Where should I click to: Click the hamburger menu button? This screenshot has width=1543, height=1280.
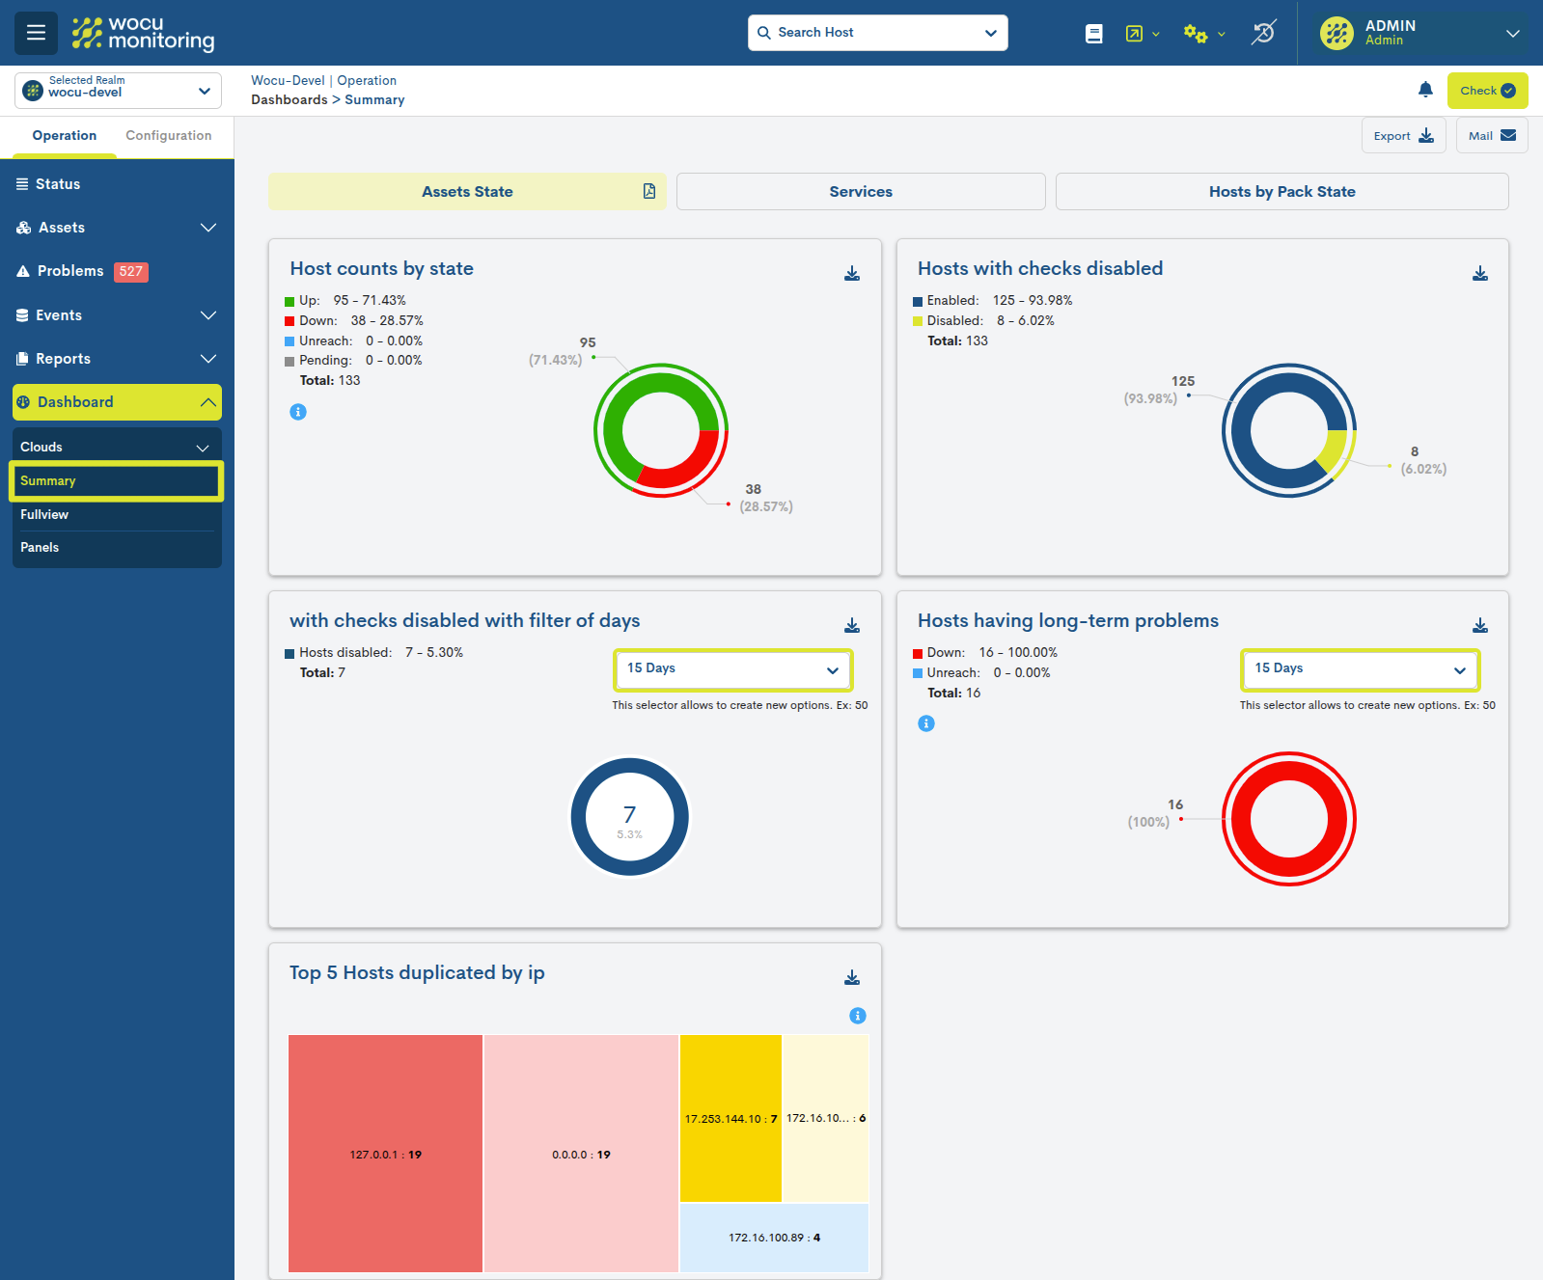(x=36, y=33)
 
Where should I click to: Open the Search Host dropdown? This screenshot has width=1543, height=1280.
(x=877, y=33)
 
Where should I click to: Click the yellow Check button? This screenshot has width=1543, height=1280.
(x=1486, y=91)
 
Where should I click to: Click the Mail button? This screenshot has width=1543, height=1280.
(x=1491, y=136)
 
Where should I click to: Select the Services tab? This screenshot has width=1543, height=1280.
(x=860, y=192)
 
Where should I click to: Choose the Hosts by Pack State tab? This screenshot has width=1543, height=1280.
(x=1281, y=192)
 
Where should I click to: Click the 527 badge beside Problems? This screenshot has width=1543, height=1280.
(x=130, y=272)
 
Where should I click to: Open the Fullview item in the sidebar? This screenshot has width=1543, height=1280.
(x=44, y=515)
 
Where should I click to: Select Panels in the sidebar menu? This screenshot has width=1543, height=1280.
(x=40, y=548)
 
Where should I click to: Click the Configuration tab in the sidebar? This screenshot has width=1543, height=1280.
(x=168, y=136)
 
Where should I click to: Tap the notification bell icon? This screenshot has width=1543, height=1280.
(x=1425, y=90)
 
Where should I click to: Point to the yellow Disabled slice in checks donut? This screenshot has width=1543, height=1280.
(x=1335, y=449)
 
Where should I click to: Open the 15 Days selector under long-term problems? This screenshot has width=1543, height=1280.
(x=1359, y=669)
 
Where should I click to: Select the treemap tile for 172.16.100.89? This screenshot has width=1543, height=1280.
(x=774, y=1238)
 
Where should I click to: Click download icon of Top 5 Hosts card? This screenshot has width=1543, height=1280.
(x=852, y=978)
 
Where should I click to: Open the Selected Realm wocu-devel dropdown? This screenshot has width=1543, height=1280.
(x=118, y=91)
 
